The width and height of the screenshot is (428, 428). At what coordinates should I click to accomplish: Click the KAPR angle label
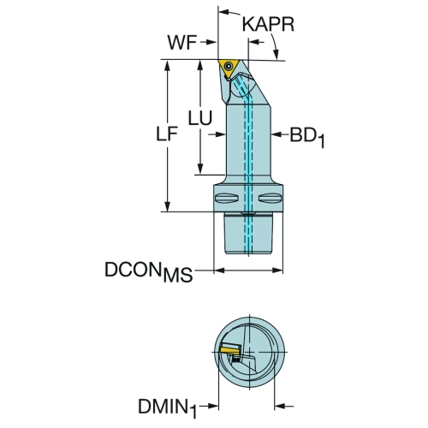pyautogui.click(x=268, y=24)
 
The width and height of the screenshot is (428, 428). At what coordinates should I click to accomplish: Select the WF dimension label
pyautogui.click(x=181, y=43)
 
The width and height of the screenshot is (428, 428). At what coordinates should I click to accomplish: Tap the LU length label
pyautogui.click(x=200, y=118)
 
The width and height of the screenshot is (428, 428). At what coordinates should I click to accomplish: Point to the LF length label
pyautogui.click(x=167, y=134)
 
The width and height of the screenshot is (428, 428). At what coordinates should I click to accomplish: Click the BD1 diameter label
pyautogui.click(x=307, y=138)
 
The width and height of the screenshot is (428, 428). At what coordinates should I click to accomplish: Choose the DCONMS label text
pyautogui.click(x=149, y=271)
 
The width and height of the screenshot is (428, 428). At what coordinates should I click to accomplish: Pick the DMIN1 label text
pyautogui.click(x=168, y=407)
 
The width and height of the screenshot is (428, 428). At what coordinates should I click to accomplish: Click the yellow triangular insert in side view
pyautogui.click(x=229, y=68)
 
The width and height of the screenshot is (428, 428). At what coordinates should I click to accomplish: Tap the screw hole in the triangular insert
pyautogui.click(x=229, y=66)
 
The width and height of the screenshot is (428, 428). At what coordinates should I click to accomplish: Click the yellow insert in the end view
pyautogui.click(x=230, y=350)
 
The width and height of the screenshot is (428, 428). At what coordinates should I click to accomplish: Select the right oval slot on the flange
pyautogui.click(x=270, y=199)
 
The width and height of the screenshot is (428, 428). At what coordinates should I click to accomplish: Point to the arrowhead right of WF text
pyautogui.click(x=211, y=43)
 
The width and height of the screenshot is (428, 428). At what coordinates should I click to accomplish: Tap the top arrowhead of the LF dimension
pyautogui.click(x=167, y=65)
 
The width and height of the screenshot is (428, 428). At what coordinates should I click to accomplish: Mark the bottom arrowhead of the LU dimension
pyautogui.click(x=200, y=169)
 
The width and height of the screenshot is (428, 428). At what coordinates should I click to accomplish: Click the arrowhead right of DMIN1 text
pyautogui.click(x=213, y=406)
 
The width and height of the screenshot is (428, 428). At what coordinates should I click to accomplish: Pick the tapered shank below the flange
pyautogui.click(x=248, y=233)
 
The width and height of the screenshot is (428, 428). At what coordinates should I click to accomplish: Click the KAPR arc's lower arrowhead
pyautogui.click(x=276, y=55)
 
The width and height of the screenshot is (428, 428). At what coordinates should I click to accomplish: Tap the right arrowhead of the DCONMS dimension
pyautogui.click(x=277, y=270)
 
